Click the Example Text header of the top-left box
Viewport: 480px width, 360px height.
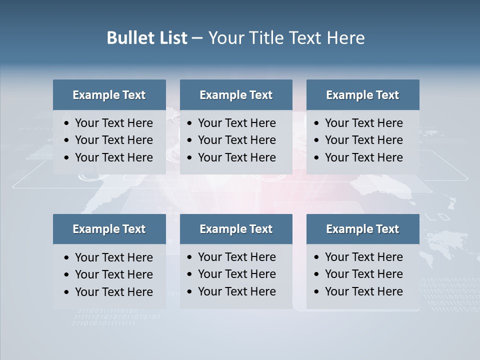click(109, 95)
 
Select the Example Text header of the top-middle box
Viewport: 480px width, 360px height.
click(236, 95)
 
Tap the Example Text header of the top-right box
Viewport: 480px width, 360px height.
click(362, 95)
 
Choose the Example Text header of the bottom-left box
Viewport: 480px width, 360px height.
click(109, 229)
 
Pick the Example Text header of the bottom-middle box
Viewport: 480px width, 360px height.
click(236, 229)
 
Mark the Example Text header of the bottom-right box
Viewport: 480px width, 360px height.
click(362, 229)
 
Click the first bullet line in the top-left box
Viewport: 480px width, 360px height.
click(114, 123)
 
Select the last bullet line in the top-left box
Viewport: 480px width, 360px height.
click(114, 157)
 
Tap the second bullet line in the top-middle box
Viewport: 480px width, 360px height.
click(237, 140)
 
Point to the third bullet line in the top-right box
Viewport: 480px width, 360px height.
click(364, 157)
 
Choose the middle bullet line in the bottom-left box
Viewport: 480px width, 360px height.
click(114, 274)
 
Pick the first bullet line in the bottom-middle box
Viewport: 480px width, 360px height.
click(237, 257)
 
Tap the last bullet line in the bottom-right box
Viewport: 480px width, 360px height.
click(364, 291)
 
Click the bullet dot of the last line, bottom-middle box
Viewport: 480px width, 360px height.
click(189, 292)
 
